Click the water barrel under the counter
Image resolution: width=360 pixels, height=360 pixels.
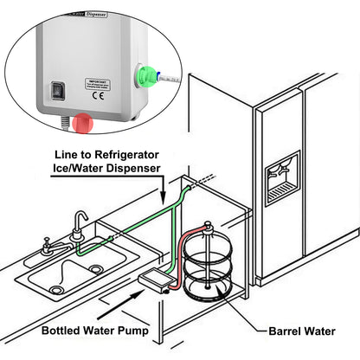(x=208, y=268)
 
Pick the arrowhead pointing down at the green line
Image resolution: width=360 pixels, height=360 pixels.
(x=162, y=193)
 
